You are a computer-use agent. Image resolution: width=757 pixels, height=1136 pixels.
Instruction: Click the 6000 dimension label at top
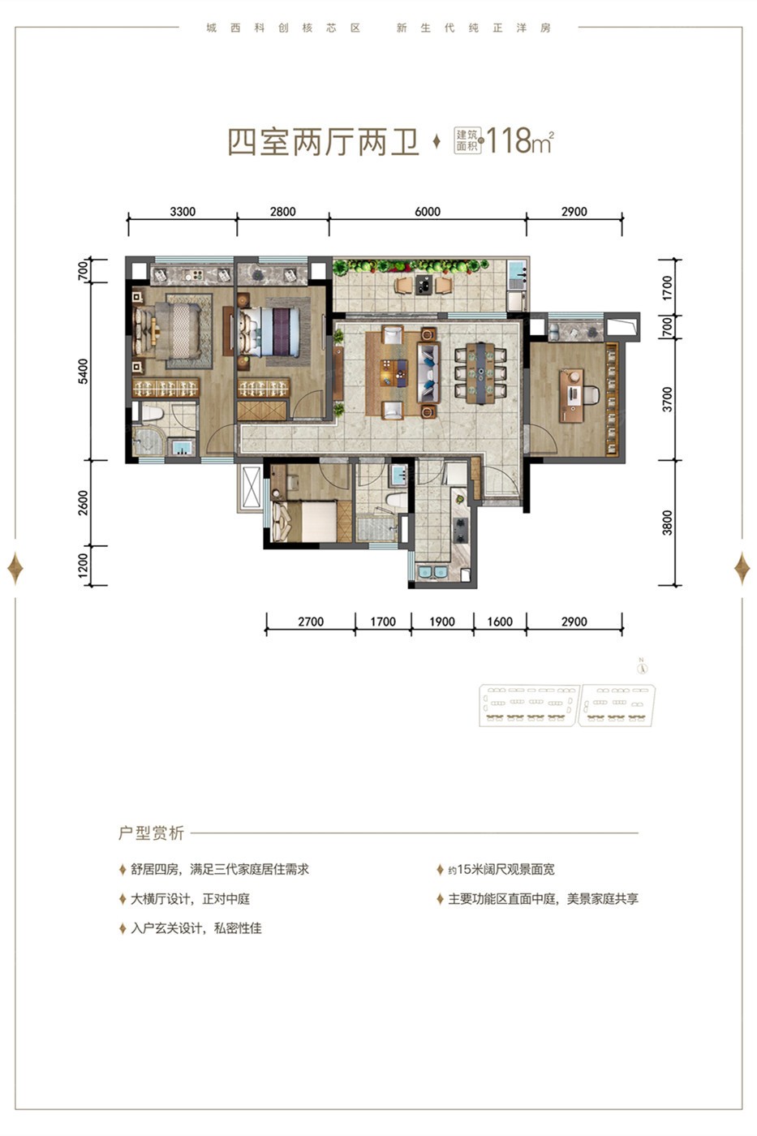428,212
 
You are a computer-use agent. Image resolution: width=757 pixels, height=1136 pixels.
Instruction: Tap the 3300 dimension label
183,212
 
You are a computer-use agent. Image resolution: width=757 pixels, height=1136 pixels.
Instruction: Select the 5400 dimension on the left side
83,372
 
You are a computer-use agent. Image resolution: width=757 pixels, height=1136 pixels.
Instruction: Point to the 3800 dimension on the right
667,523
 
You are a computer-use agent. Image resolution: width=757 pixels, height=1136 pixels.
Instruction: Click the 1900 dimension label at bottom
442,622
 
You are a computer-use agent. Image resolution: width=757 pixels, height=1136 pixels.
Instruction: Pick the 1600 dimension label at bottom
500,622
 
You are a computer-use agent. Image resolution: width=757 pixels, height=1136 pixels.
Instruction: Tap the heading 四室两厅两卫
324,142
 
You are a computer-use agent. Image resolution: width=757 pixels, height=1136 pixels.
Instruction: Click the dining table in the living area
480,373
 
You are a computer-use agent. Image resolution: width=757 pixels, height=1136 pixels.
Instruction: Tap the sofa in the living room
428,372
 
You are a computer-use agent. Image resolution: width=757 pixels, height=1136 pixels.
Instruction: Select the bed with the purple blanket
270,332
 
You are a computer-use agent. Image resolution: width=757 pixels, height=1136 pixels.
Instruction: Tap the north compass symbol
642,667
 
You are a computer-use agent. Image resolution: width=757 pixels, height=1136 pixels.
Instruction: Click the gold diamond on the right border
742,567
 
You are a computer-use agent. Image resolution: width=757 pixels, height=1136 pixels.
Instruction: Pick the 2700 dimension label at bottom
311,622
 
